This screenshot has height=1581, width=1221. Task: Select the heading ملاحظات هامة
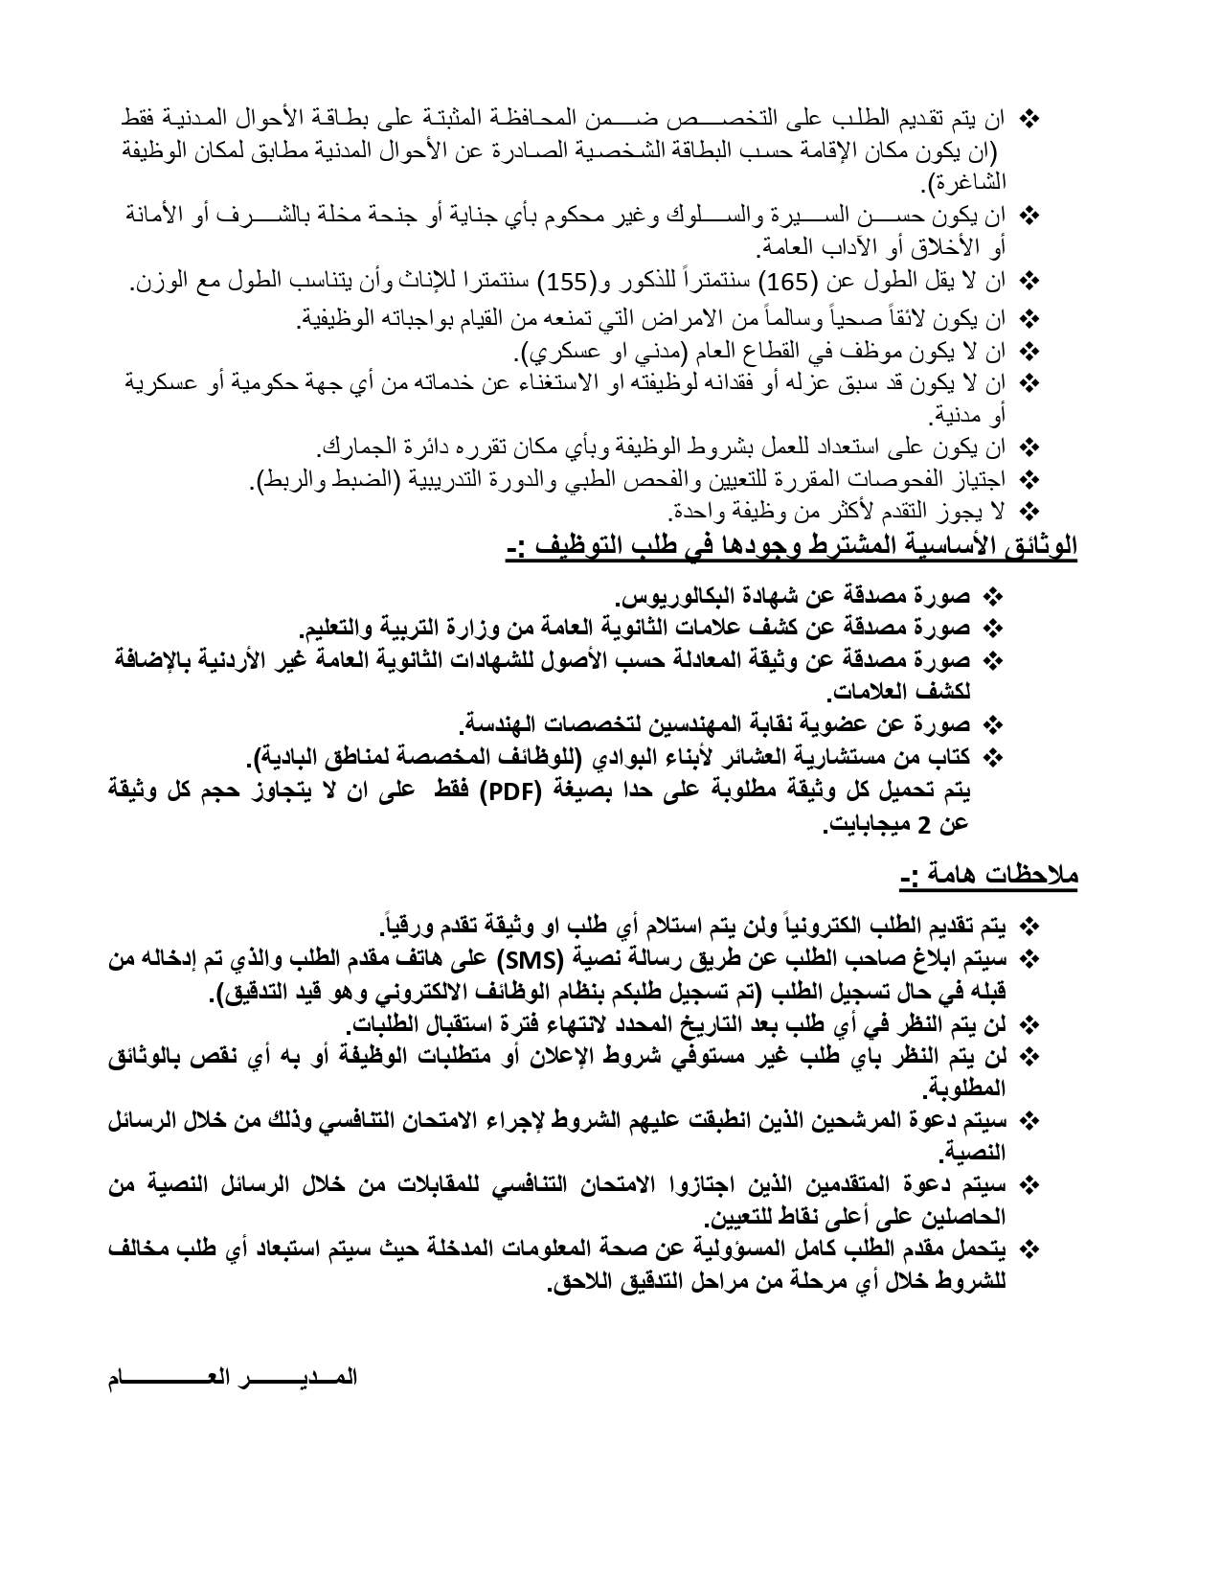click(989, 875)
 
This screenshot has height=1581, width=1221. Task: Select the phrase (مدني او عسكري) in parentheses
click(599, 353)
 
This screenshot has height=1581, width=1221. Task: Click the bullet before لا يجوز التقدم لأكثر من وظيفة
click(1030, 510)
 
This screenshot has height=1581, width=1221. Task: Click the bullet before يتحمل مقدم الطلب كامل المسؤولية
click(1030, 1249)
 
